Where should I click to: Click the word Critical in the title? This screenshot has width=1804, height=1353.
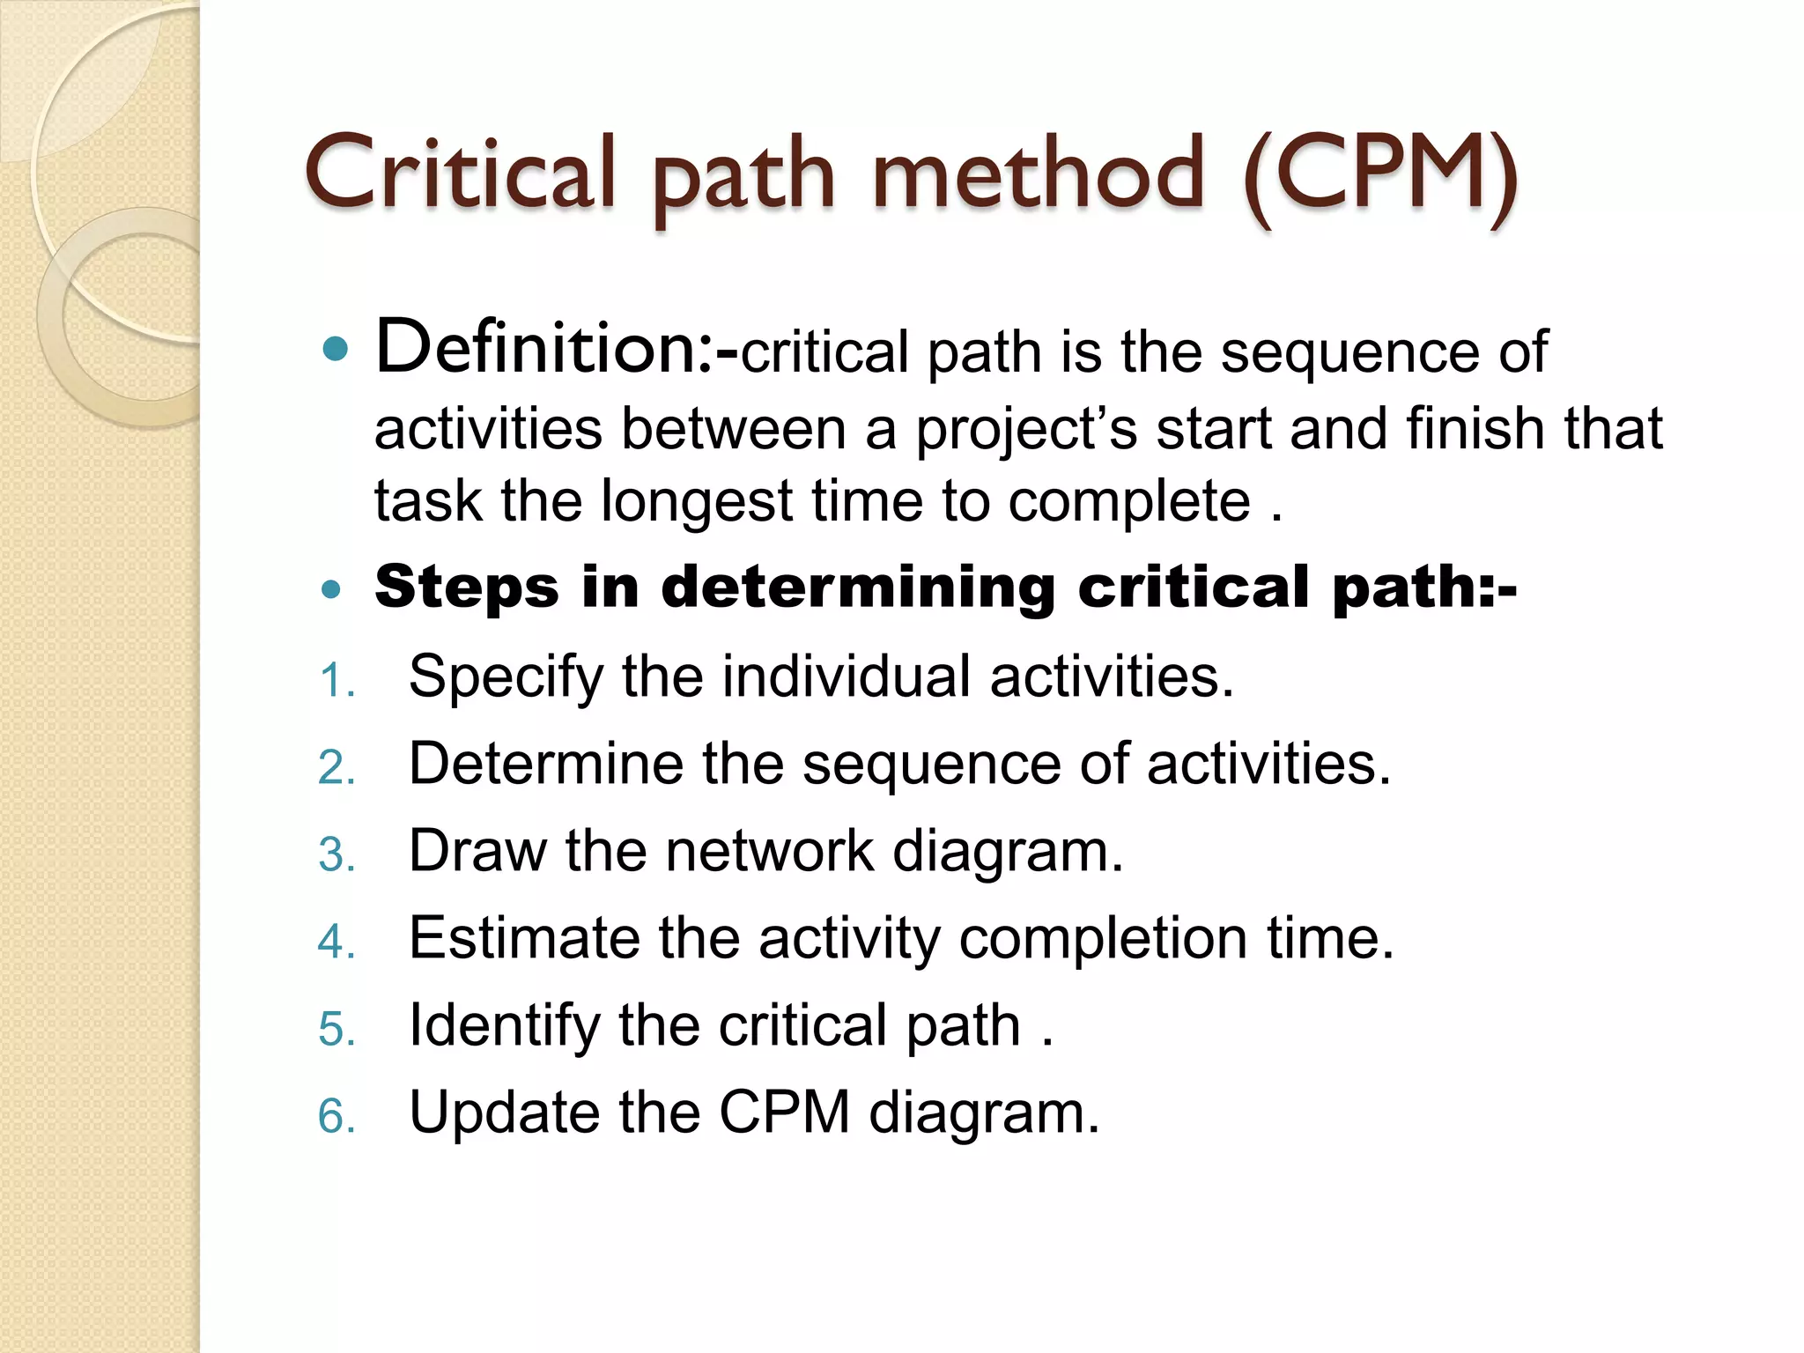point(459,173)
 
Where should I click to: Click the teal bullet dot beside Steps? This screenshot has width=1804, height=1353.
point(331,589)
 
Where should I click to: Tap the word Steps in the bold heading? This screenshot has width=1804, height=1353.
point(467,588)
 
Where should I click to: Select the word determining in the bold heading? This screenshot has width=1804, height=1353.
point(858,588)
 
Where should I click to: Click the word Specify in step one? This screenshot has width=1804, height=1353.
point(506,677)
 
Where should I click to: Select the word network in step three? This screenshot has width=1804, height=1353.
point(770,851)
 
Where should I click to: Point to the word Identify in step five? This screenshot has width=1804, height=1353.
point(504,1025)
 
